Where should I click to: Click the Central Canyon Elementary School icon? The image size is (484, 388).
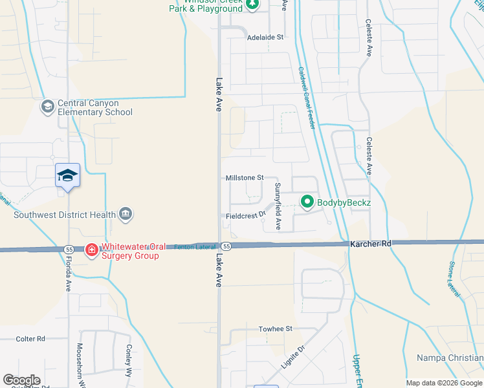coord(48,106)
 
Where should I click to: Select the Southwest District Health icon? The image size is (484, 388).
coord(126,215)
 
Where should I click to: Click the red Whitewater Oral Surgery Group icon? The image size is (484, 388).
coord(92,250)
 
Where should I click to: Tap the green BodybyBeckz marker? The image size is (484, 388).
coord(307,203)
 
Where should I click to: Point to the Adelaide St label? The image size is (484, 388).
coord(266,38)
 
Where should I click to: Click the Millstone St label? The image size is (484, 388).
coord(245,177)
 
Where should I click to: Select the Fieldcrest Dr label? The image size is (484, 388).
coord(246,215)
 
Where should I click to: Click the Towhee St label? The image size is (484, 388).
coord(276,329)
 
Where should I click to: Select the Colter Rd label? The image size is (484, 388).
coord(30,338)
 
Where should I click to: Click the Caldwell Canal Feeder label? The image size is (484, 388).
coord(307,97)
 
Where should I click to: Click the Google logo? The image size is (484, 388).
coord(21,380)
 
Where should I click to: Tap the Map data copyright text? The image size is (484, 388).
coord(443,383)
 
